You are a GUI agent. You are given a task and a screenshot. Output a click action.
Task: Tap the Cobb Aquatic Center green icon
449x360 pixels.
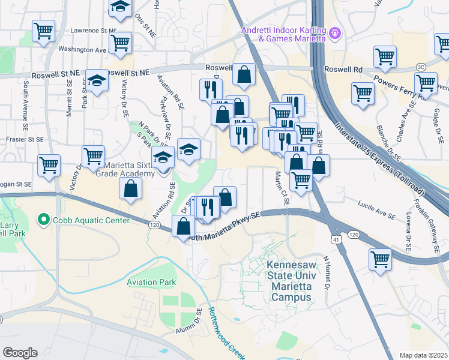pyautogui.click(x=43, y=220)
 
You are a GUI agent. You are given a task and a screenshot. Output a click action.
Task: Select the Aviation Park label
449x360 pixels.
pyautogui.click(x=151, y=281)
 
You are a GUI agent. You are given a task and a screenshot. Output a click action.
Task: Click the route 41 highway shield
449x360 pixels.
pyautogui.click(x=333, y=239)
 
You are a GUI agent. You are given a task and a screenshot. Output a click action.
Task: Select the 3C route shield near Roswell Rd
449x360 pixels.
pyautogui.click(x=421, y=66)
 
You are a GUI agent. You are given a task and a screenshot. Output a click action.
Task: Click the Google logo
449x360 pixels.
pyautogui.click(x=20, y=352)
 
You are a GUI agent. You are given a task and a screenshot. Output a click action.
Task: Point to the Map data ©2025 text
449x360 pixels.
pyautogui.click(x=423, y=355)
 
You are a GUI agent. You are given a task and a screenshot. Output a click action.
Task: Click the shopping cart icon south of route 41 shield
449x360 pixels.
pyautogui.click(x=381, y=260)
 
